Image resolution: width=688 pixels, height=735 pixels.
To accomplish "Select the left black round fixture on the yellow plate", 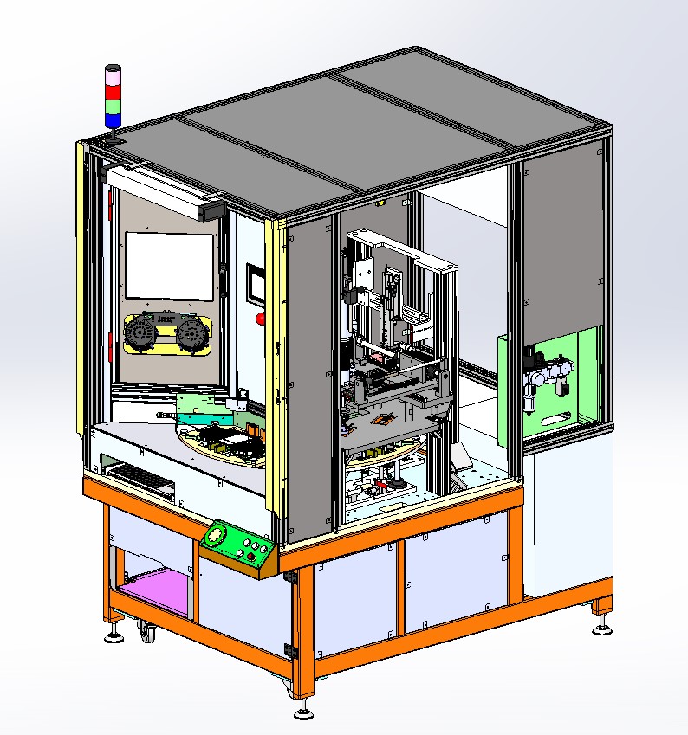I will point(142,333).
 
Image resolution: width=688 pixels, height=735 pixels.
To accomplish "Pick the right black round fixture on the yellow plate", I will point(192,335).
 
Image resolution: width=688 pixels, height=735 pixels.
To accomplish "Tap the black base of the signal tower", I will point(114,134).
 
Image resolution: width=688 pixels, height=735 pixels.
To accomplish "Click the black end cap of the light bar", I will point(214,210).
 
